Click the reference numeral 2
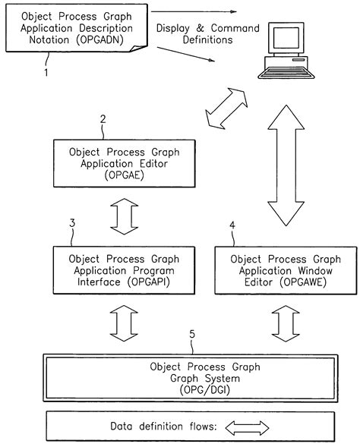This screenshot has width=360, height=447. click(103, 119)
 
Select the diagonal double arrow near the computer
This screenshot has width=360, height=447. click(227, 107)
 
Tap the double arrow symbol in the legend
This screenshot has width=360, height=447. click(248, 427)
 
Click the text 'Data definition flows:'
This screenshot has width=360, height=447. click(164, 427)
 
